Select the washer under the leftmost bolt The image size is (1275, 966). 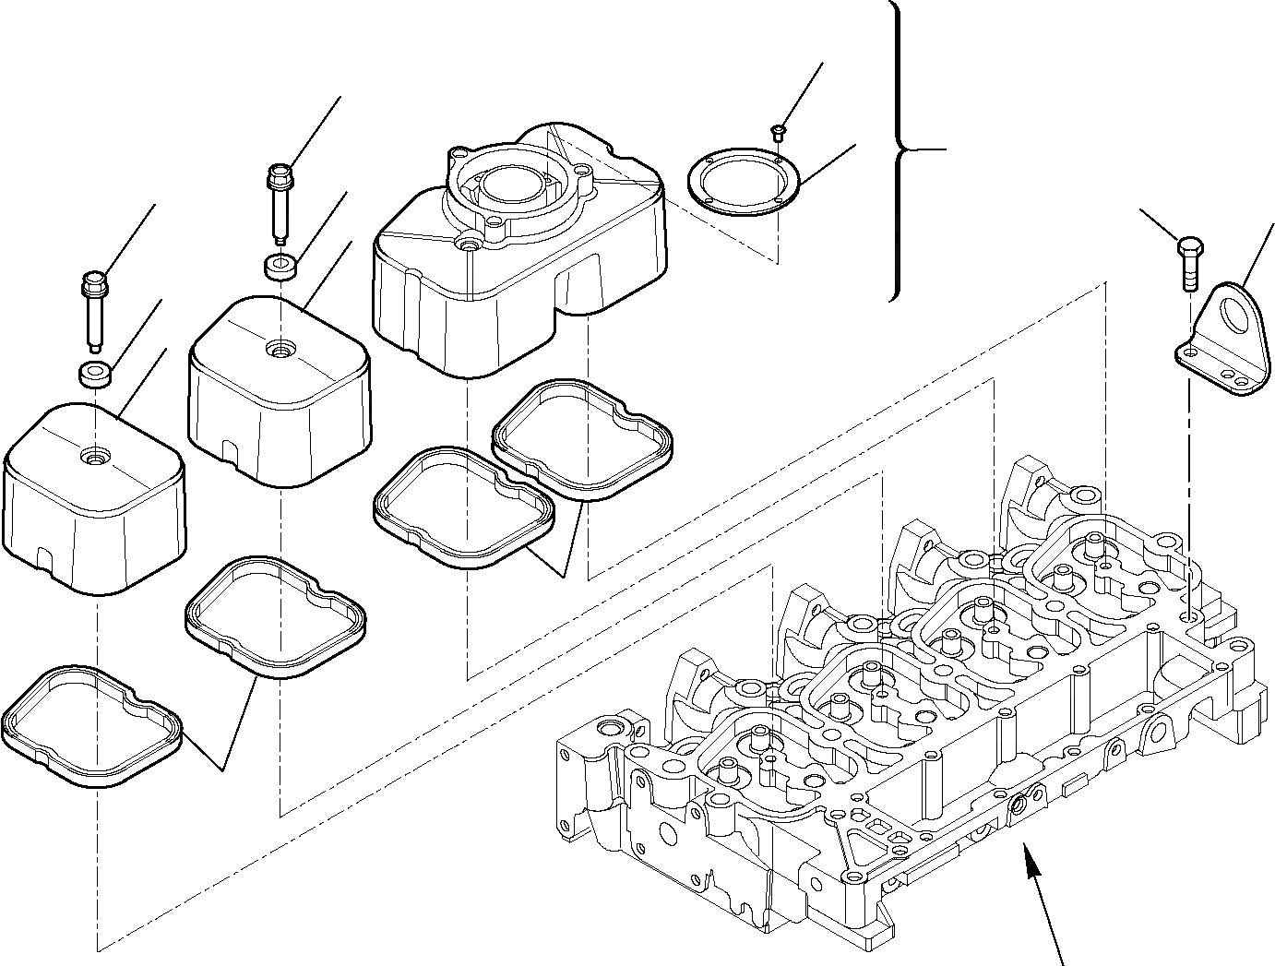(x=95, y=375)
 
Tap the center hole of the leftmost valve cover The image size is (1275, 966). (x=93, y=455)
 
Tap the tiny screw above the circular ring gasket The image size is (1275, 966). (x=779, y=131)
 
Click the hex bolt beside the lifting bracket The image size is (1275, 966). (x=1188, y=264)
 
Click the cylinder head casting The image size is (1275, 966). (x=923, y=720)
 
